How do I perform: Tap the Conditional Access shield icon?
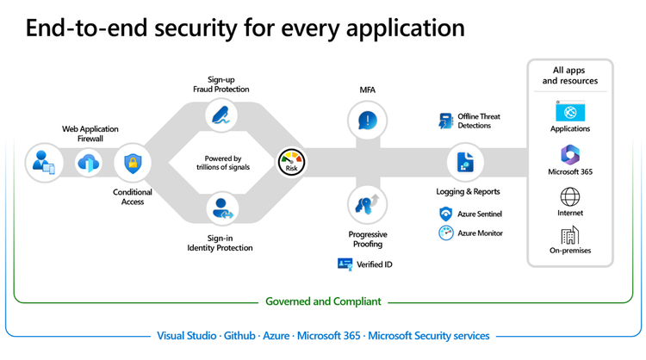click(x=133, y=162)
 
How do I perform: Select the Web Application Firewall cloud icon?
click(x=89, y=162)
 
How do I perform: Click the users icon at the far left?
click(x=42, y=161)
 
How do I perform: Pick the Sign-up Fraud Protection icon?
click(x=223, y=115)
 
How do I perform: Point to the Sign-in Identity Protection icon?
click(x=223, y=208)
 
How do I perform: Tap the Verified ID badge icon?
click(x=345, y=264)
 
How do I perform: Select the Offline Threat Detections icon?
click(x=445, y=121)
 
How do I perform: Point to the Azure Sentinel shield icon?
click(x=445, y=214)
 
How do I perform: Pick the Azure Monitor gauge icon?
click(x=445, y=233)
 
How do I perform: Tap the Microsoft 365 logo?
click(x=569, y=154)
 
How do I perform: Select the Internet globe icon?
click(x=569, y=196)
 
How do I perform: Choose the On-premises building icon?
click(x=569, y=235)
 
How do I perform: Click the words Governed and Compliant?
click(x=323, y=301)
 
